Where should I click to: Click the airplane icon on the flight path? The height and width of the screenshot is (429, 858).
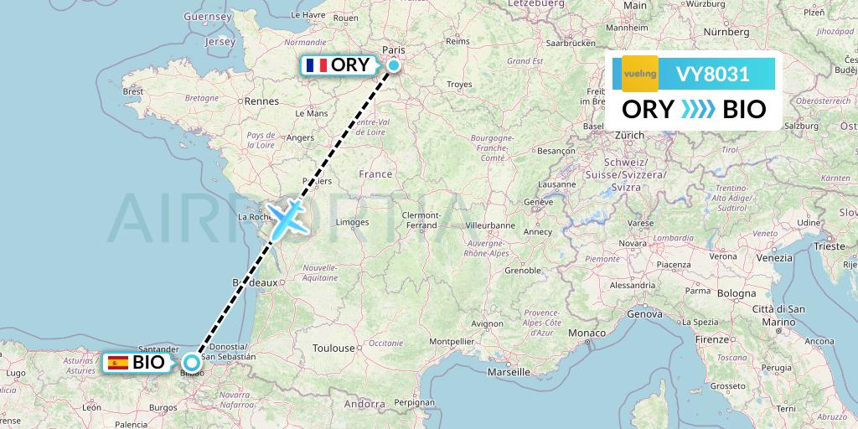pyautogui.click(x=287, y=216)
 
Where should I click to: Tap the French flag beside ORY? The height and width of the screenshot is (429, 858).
pyautogui.click(x=317, y=65)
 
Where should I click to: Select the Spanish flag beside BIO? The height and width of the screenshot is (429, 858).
pyautogui.click(x=118, y=363)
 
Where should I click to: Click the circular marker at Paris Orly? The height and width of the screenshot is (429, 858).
pyautogui.click(x=392, y=65)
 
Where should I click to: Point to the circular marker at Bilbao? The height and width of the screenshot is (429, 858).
pyautogui.click(x=193, y=363)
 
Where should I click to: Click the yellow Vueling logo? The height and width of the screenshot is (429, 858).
pyautogui.click(x=640, y=74)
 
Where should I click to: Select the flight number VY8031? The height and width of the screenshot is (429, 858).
pyautogui.click(x=712, y=74)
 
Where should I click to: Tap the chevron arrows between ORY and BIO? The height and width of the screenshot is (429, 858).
pyautogui.click(x=698, y=110)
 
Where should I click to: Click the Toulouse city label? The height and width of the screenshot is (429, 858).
pyautogui.click(x=334, y=348)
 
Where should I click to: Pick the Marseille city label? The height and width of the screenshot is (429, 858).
pyautogui.click(x=514, y=371)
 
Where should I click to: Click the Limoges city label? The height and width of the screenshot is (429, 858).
pyautogui.click(x=352, y=222)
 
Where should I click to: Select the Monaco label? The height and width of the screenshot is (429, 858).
pyautogui.click(x=587, y=333)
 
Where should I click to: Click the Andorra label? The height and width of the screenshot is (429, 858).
pyautogui.click(x=364, y=403)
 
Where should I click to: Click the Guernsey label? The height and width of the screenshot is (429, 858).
pyautogui.click(x=206, y=16)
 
